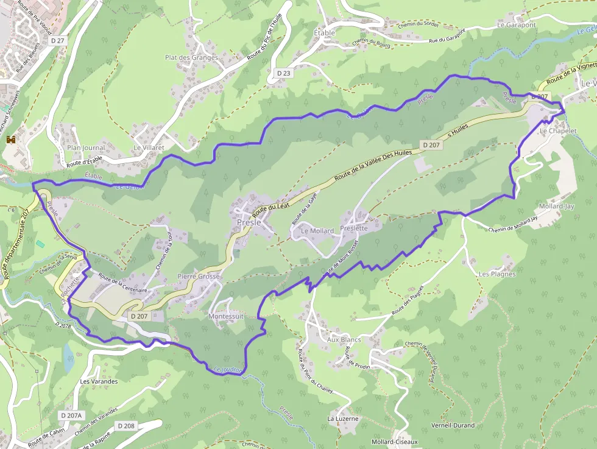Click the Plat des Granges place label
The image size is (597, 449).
click(191, 58)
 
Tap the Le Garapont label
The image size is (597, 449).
click(516, 25)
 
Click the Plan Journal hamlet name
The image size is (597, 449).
click(86, 147)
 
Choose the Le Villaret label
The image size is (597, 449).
click(149, 147)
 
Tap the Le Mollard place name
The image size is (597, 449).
click(317, 231)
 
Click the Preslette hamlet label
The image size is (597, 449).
click(354, 228)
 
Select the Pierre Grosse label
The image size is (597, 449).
click(199, 276)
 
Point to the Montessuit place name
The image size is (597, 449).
click(226, 317)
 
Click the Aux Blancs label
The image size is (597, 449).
click(344, 339)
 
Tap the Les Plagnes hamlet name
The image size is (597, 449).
click(497, 274)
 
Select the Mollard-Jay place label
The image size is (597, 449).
click(557, 206)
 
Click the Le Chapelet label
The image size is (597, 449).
click(558, 131)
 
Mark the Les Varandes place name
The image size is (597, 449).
click(99, 381)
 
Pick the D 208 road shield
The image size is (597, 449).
click(126, 425)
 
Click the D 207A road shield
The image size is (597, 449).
click(71, 415)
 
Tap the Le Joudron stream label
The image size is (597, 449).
click(228, 369)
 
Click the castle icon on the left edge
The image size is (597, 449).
click(10, 140)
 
